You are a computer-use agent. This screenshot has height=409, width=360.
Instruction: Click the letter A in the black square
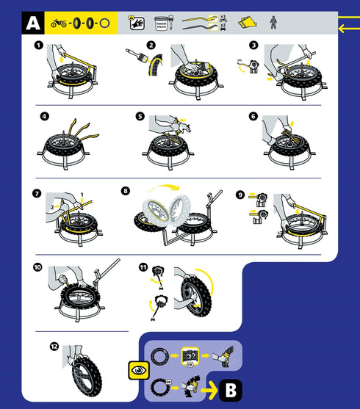(32, 23)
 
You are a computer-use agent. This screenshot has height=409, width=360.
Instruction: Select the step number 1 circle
(37, 46)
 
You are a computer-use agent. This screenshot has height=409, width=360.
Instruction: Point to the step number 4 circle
(45, 116)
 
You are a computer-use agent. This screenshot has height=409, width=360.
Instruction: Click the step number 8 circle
(126, 190)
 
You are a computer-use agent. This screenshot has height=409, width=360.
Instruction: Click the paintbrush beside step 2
(135, 58)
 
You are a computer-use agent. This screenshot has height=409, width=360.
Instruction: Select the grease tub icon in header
(163, 23)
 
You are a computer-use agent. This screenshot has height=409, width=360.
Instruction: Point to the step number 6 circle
(253, 116)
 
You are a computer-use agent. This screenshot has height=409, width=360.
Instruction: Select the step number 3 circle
(253, 45)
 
